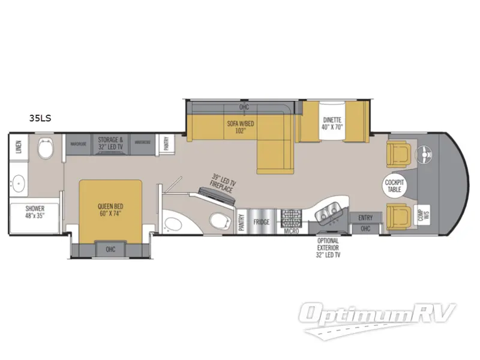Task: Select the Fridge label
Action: coord(262,222)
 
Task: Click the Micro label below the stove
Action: coord(292,230)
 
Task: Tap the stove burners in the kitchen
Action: coord(291,217)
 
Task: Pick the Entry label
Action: coord(365,217)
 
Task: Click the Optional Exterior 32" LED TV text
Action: coord(329,247)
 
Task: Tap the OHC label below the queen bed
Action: coord(110,249)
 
